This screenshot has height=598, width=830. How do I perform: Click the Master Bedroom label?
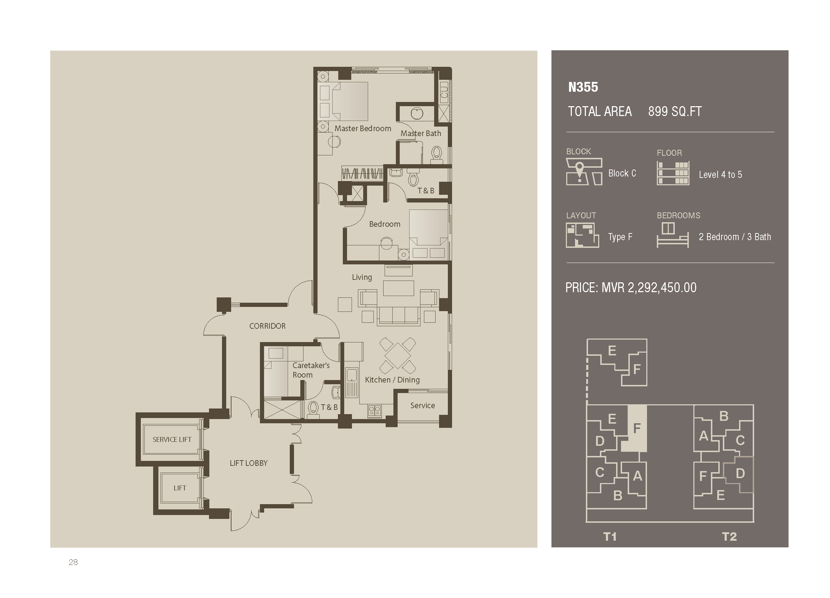coord(363,129)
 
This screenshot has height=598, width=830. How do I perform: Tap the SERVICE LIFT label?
coord(172,439)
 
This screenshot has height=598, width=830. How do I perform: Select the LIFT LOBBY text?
coord(248,463)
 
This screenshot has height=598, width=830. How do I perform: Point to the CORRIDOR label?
coord(267,326)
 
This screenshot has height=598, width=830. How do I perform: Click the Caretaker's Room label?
coord(311,370)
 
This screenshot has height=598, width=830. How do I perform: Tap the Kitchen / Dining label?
coord(392,380)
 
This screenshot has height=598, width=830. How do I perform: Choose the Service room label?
coord(422,405)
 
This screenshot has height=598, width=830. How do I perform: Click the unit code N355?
coord(583,87)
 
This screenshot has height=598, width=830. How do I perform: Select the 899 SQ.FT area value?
coord(675,112)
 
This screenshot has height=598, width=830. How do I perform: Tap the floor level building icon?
coord(673,173)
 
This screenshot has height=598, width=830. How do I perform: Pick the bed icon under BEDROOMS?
coord(672,236)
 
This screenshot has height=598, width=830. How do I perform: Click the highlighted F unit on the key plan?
coord(637,428)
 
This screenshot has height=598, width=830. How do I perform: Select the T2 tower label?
coord(729,537)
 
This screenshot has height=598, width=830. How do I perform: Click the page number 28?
coord(73,562)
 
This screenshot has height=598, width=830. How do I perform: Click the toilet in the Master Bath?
coord(437,154)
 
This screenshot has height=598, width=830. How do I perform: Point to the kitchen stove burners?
coord(374,411)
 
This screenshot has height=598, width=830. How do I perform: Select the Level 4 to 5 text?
coord(720,175)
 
